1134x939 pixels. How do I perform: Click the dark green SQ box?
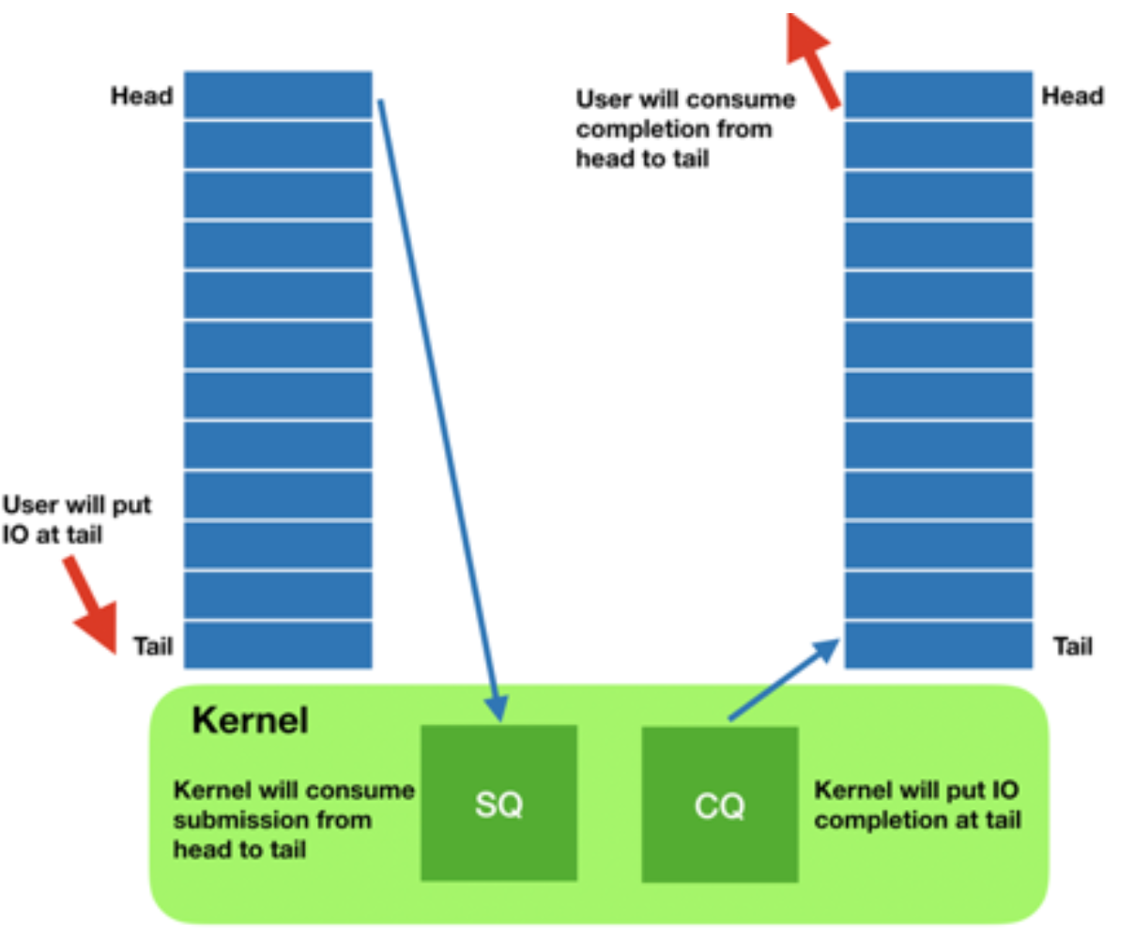(498, 803)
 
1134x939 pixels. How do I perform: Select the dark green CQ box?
(719, 805)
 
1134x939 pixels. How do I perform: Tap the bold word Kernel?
(250, 721)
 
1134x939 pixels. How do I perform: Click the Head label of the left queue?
(142, 96)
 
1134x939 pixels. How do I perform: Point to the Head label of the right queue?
(1072, 96)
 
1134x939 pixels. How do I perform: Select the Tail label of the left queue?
(153, 646)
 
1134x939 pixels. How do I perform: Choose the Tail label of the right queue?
(1072, 646)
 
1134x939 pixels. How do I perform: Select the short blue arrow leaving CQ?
(784, 681)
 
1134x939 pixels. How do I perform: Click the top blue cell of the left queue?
(278, 95)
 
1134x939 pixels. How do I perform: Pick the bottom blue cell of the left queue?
(278, 645)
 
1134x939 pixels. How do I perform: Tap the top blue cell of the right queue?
(939, 95)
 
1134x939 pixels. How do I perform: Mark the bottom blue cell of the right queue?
(939, 645)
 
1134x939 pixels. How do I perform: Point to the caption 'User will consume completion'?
(684, 129)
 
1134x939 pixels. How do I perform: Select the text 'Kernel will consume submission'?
(293, 819)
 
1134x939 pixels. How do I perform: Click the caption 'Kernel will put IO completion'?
(916, 805)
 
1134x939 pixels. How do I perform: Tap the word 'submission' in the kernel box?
(271, 820)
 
